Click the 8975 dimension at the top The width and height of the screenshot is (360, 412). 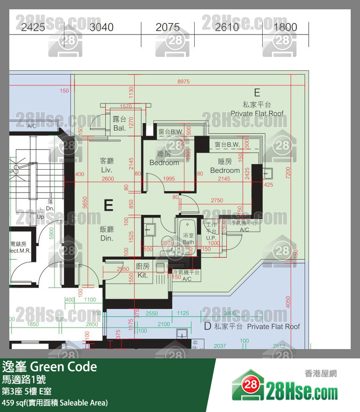pyautogui.click(x=183, y=82)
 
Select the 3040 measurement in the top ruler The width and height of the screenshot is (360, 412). pyautogui.click(x=101, y=27)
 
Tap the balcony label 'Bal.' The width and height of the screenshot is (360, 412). pyautogui.click(x=119, y=128)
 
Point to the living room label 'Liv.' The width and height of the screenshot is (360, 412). pyautogui.click(x=107, y=170)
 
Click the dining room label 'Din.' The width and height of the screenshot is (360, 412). pyautogui.click(x=107, y=238)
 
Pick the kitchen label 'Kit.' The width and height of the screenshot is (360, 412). pyautogui.click(x=143, y=275)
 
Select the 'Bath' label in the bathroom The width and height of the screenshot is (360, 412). pyautogui.click(x=188, y=242)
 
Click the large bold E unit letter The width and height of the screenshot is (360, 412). pyautogui.click(x=108, y=206)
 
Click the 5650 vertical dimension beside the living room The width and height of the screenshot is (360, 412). pyautogui.click(x=84, y=201)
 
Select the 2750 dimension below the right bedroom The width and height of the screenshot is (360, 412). pyautogui.click(x=217, y=200)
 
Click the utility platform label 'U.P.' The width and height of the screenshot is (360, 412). pyautogui.click(x=211, y=238)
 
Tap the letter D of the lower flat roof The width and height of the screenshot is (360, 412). pyautogui.click(x=208, y=326)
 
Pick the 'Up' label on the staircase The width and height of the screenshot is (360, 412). pyautogui.click(x=41, y=217)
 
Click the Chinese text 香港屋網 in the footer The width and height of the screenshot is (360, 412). pyautogui.click(x=320, y=373)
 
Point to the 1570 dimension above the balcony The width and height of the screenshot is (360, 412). pyautogui.click(x=126, y=106)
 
